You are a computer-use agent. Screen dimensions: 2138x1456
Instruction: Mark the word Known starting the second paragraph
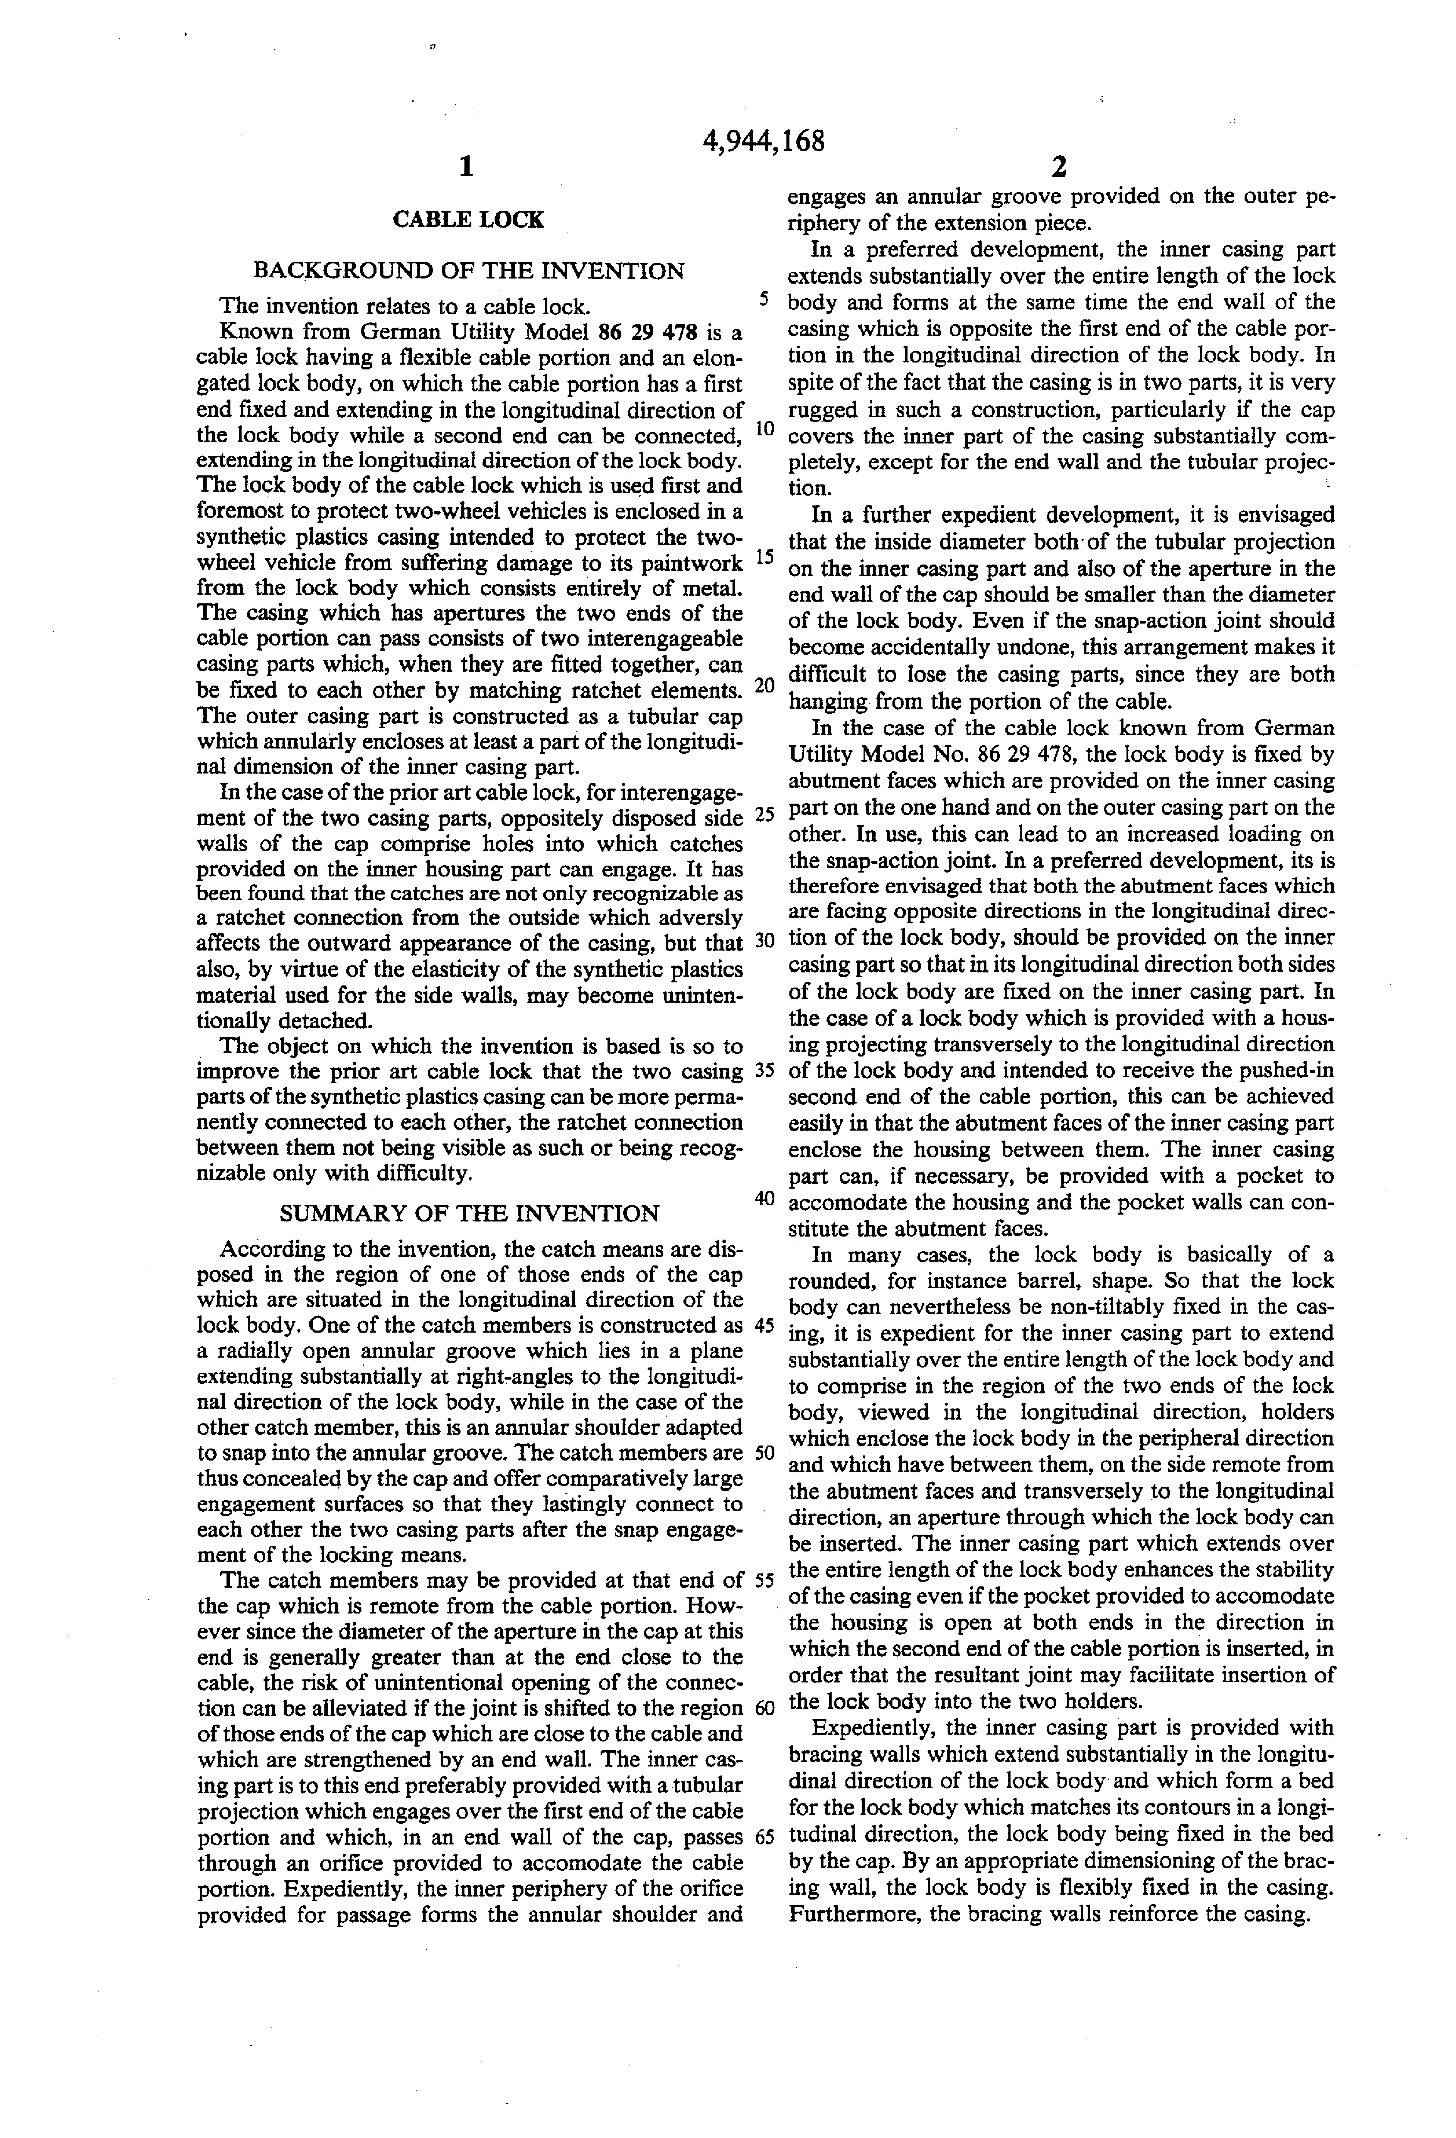[x=253, y=332]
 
